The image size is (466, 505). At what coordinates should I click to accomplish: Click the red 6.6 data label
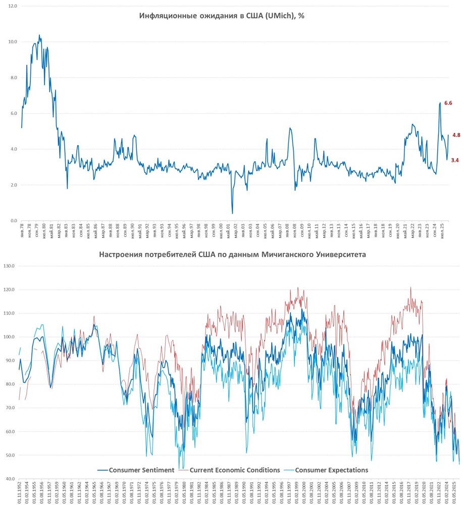point(448,103)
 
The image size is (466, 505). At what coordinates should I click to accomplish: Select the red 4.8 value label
point(456,135)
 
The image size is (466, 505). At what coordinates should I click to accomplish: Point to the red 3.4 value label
point(454,160)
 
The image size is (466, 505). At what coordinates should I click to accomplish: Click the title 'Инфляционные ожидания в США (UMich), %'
point(222,16)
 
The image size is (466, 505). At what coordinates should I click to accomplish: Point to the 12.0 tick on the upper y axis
point(13,6)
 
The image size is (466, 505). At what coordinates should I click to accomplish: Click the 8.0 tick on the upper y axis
point(13,78)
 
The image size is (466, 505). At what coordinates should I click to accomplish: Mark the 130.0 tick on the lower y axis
point(11,266)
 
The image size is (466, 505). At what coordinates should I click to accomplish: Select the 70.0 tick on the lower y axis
point(11,408)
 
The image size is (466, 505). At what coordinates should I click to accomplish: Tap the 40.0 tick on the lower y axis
point(11,479)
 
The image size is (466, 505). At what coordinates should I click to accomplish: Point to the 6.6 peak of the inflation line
point(440,103)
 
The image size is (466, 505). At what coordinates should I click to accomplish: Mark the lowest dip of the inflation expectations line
point(232,213)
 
